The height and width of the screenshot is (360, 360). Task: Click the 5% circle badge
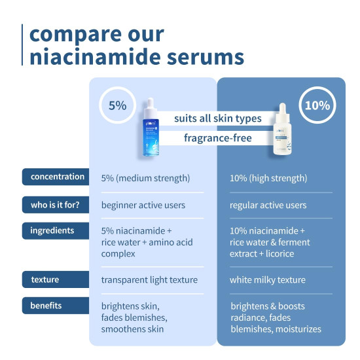[x=117, y=105]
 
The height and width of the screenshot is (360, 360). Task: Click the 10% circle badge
[x=317, y=105]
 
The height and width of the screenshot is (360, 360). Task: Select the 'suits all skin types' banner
[x=217, y=118]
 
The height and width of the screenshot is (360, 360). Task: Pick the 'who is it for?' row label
[x=57, y=204]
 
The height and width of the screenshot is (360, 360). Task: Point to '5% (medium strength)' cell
[x=145, y=177]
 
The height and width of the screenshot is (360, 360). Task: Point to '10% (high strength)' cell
[x=269, y=177]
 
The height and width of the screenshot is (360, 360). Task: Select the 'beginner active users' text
[x=143, y=205]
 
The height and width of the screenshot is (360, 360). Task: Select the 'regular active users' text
[x=268, y=205]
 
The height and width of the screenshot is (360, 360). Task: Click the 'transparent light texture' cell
[x=149, y=279]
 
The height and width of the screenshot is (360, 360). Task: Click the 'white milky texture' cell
[x=268, y=279]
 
